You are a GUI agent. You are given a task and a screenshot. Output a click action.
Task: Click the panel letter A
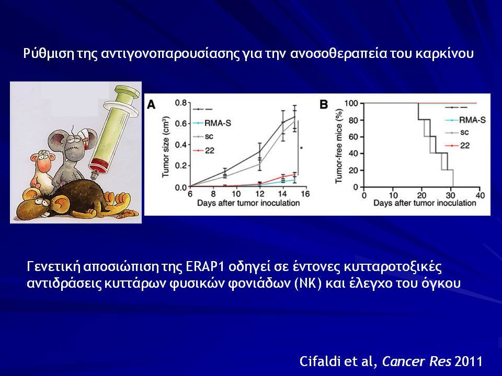coord(151,104)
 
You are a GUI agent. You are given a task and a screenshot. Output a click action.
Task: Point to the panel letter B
coord(324,104)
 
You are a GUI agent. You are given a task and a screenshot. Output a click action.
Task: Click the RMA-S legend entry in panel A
coord(212,123)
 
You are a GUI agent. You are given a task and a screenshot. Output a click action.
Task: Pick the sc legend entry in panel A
coord(203,136)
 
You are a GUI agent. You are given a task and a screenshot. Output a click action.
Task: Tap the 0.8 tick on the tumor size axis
coord(180,103)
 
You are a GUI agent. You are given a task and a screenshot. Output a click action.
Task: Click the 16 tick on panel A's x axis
coord(305,194)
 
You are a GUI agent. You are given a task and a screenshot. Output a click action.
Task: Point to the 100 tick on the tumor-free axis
coord(351,103)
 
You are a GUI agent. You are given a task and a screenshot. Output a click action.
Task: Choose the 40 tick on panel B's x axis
coord(480,195)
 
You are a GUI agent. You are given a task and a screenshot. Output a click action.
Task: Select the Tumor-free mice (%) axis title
coord(339,146)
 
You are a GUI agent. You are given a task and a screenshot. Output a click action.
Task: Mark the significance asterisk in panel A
coord(301,148)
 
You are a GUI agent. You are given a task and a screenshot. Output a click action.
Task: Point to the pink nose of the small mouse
coord(44,164)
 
